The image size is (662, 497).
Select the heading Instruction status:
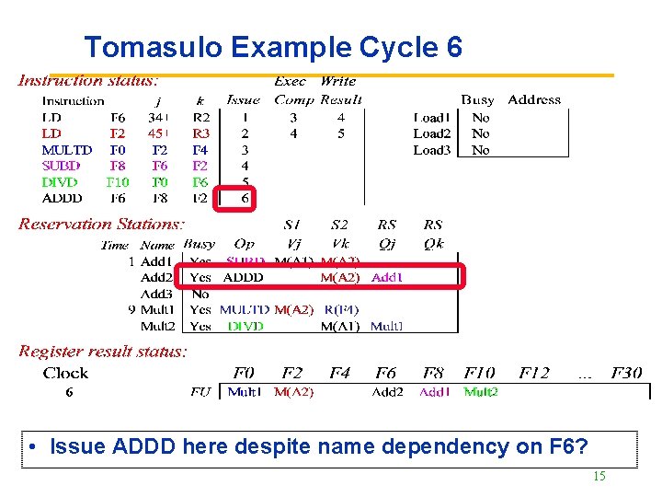tap(88, 82)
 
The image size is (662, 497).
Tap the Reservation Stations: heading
tap(101, 225)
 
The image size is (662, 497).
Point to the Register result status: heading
tap(103, 352)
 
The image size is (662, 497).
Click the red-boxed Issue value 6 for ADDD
tap(245, 198)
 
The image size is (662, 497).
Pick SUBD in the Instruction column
tap(62, 166)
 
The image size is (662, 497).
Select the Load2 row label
tap(431, 133)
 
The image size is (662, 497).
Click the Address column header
tap(534, 100)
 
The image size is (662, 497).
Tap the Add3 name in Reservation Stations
tap(157, 294)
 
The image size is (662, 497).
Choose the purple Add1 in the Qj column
tap(387, 277)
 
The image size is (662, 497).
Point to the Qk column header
tap(433, 245)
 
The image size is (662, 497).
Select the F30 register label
tap(625, 374)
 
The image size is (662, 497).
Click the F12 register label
tap(534, 374)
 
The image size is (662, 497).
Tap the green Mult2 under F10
tap(481, 392)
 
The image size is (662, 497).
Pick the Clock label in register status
tap(65, 374)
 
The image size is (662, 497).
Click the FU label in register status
tap(200, 392)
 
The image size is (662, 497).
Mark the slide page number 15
tap(599, 477)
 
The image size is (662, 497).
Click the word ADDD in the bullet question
tap(148, 447)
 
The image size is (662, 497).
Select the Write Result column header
tap(340, 90)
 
